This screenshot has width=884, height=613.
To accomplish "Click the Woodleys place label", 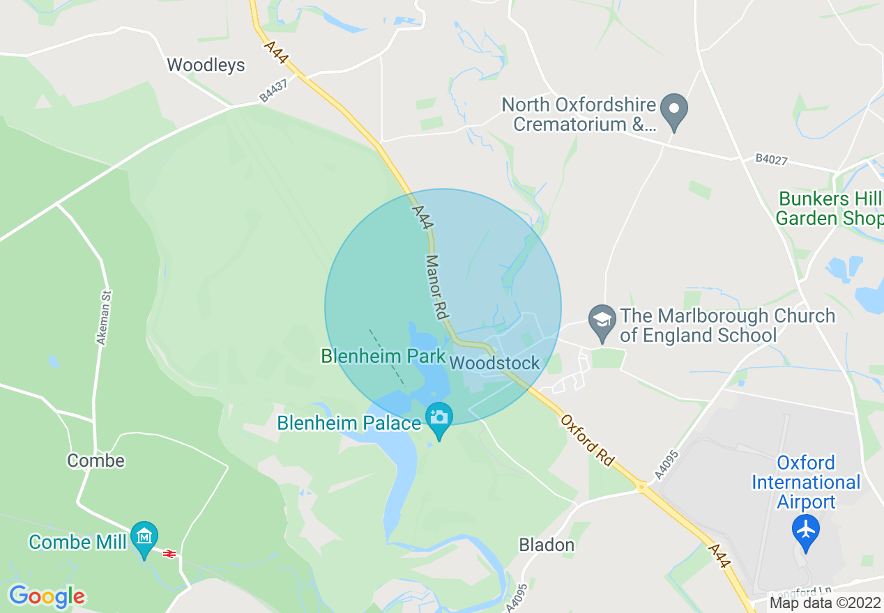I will coord(206,65).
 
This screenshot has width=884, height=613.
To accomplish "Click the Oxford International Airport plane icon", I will coord(806,530).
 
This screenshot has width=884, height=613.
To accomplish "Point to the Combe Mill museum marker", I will coord(144,538).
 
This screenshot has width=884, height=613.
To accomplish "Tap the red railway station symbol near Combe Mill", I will coord(169,553).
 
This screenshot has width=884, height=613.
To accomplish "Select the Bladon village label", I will coord(547,545).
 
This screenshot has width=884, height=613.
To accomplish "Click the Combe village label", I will coord(96,460).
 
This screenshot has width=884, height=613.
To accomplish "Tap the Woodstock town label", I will coord(495,363).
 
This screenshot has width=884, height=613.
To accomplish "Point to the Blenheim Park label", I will coord(383,357).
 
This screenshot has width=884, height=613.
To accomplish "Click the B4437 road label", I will coord(273,90).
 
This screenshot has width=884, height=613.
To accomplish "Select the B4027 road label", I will coord(771,160).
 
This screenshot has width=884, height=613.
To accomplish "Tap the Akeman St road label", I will coord(104,318).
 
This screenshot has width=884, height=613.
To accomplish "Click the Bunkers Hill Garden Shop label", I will coord(829,208).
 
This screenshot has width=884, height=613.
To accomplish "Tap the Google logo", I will coord(47,596).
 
